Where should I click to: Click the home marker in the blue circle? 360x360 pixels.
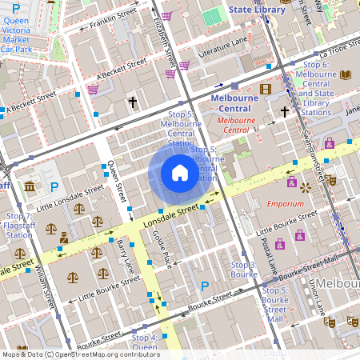(x=179, y=173)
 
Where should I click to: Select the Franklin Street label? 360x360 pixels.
(x=113, y=20)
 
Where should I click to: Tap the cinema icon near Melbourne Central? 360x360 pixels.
(x=266, y=89)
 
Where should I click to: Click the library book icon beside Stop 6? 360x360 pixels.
(x=346, y=75)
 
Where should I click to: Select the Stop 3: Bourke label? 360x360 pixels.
(x=243, y=269)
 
